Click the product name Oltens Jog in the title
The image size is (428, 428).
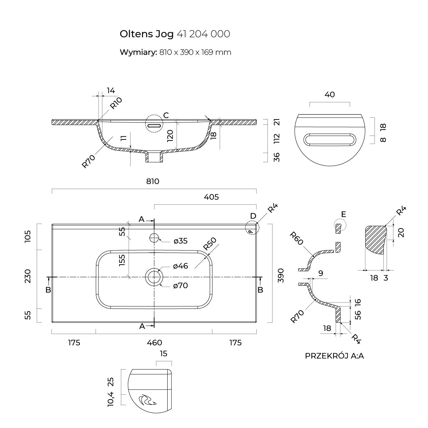click(x=147, y=34)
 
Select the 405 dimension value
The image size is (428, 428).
click(x=212, y=197)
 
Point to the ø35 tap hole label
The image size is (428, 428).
click(x=180, y=241)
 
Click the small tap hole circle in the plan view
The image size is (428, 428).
click(x=154, y=238)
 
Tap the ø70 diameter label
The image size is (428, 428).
click(x=180, y=285)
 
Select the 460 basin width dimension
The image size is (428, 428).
click(x=154, y=343)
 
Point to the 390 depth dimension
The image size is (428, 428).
click(x=281, y=275)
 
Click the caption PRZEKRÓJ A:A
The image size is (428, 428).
click(x=334, y=356)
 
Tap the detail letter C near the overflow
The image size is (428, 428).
click(x=166, y=115)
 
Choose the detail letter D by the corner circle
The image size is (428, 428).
click(x=253, y=216)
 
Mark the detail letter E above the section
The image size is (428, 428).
click(x=343, y=214)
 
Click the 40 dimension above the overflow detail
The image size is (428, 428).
click(x=330, y=95)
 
